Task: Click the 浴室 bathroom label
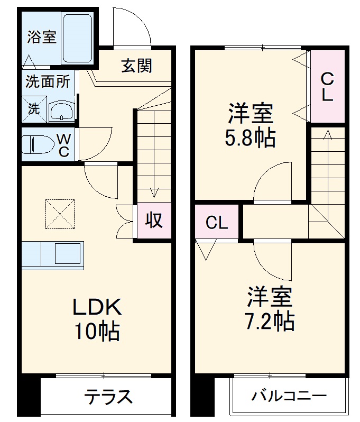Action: (42, 38)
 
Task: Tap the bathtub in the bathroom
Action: (77, 38)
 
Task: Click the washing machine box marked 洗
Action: (34, 109)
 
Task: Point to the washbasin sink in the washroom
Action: (61, 111)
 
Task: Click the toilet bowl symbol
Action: (39, 144)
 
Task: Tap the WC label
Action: (63, 144)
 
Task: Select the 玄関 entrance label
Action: (136, 66)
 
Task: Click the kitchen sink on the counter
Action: (69, 254)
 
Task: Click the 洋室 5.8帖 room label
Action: (251, 126)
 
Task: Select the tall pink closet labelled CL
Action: (327, 87)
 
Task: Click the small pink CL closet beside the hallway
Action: (217, 223)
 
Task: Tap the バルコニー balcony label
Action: (289, 396)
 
